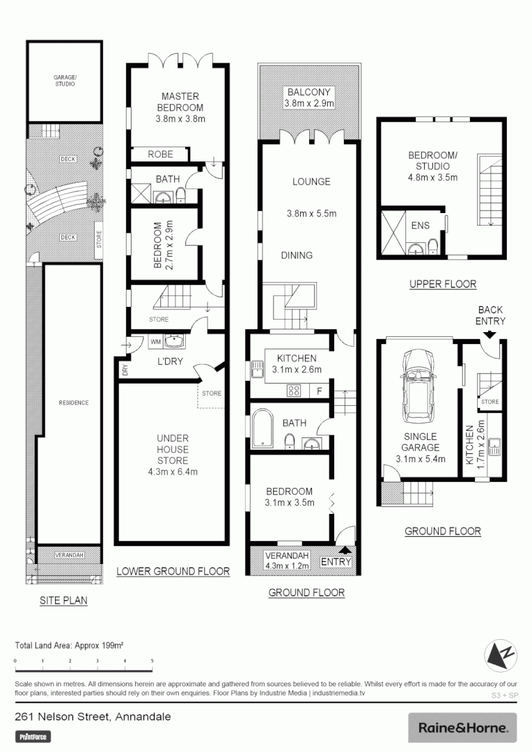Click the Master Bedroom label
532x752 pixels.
click(181, 102)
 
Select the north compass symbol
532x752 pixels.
click(500, 655)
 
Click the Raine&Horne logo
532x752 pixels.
click(462, 728)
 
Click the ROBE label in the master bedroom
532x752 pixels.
click(160, 155)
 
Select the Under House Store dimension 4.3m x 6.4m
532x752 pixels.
click(172, 471)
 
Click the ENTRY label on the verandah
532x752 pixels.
click(336, 561)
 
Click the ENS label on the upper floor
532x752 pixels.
click(420, 225)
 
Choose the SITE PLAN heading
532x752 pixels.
click(63, 600)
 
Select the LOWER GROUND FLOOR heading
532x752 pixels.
click(173, 571)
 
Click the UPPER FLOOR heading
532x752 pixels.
click(442, 283)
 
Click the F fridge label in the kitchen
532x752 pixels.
click(319, 391)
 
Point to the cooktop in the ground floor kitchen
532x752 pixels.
click(295, 391)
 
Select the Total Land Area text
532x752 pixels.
click(70, 645)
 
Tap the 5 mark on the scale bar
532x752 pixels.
click(152, 661)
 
